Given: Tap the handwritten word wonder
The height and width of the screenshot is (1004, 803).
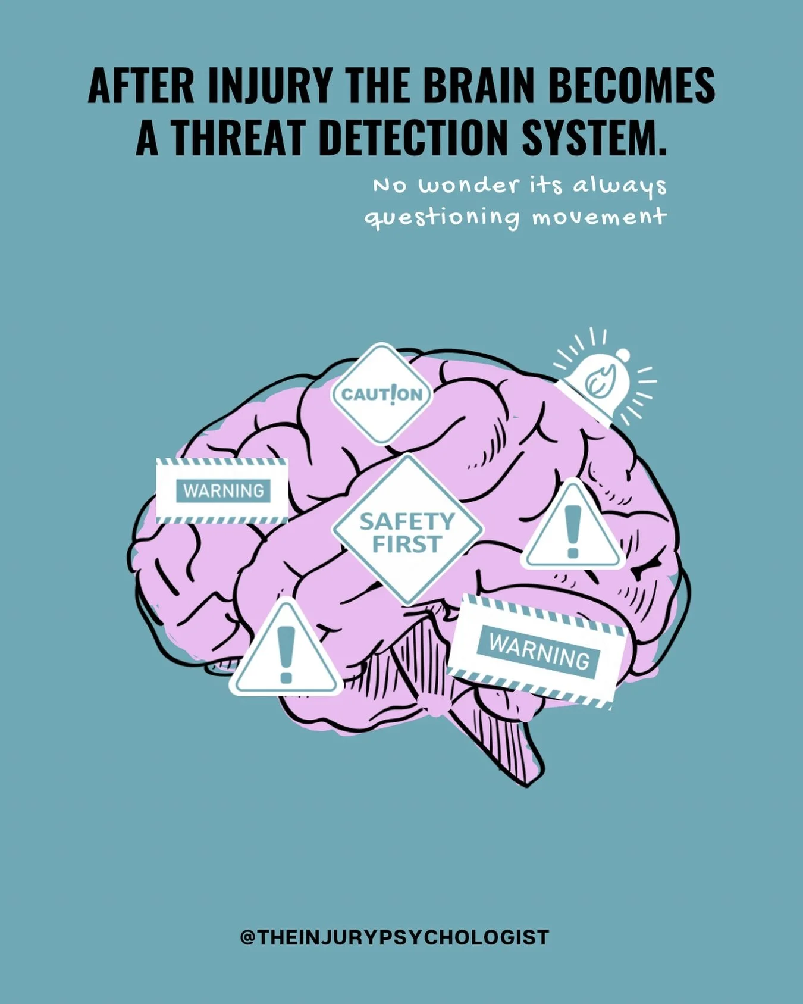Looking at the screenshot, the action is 469,186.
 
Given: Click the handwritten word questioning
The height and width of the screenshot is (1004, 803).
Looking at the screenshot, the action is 442,218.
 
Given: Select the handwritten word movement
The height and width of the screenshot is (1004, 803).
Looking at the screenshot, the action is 599,217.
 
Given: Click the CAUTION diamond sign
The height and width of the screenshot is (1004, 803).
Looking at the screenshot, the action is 381,394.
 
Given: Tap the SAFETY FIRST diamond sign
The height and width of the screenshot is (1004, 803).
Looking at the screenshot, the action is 407,530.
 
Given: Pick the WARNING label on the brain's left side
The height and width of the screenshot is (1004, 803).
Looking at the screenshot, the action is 222,491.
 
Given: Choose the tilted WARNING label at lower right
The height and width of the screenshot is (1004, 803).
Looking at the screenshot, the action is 538,651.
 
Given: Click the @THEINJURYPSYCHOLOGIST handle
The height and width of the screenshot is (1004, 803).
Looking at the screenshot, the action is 394,937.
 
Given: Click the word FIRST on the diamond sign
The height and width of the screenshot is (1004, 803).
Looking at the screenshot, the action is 407,544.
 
